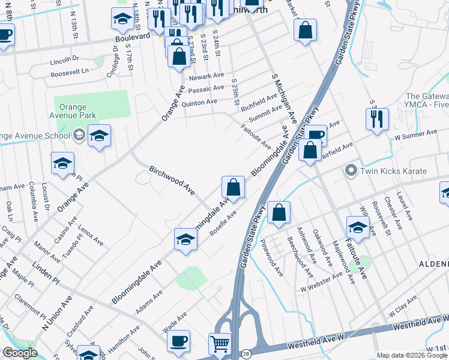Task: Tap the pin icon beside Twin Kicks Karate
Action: coord(352,170)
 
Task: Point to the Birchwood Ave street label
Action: coord(172,180)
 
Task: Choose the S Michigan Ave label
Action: coord(285,98)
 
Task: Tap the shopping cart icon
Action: coord(220,344)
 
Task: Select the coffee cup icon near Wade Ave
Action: coord(178,341)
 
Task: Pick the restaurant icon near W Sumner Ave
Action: coord(377,118)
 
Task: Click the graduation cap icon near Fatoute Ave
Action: coord(358,227)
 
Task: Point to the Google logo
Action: coord(20,353)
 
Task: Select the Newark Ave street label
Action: coord(206,78)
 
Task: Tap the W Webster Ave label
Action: coord(321,281)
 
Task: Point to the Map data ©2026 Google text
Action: coord(412,355)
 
